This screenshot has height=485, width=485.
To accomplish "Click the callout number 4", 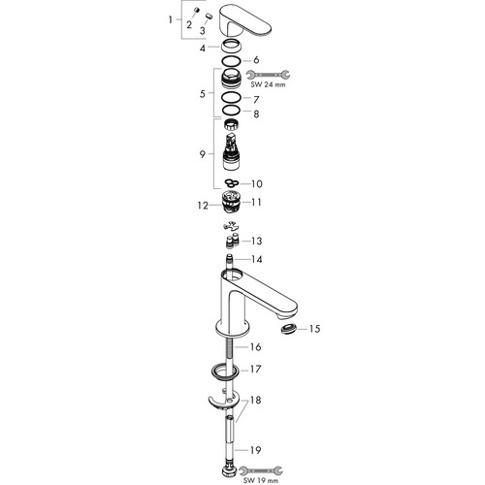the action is (x=203, y=48).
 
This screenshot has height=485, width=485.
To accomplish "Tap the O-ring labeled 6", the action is (x=231, y=61).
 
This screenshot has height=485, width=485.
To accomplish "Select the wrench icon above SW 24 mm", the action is (x=268, y=75).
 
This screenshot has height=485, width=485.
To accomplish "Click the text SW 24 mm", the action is (x=268, y=85).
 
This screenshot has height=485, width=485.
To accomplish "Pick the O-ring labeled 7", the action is (x=231, y=97).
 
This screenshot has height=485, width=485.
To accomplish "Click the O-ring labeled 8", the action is (x=231, y=111).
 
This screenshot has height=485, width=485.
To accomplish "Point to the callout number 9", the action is (x=203, y=154).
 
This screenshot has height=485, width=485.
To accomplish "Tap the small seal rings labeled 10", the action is (x=232, y=183).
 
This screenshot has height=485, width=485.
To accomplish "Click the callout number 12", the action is (x=203, y=206).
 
